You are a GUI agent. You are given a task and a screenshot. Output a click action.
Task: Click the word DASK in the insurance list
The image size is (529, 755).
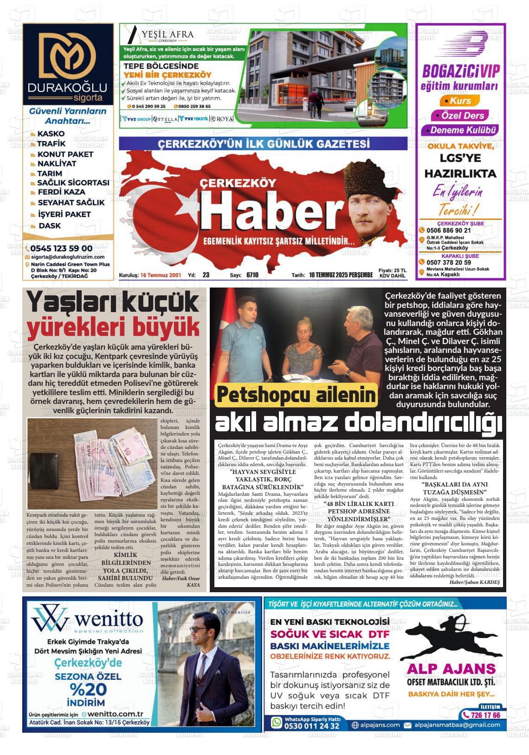tap(49, 226)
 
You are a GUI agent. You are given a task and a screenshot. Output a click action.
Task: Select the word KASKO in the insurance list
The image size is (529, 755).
tap(51, 134)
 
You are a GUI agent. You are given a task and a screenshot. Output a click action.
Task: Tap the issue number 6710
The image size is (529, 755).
tap(252, 275)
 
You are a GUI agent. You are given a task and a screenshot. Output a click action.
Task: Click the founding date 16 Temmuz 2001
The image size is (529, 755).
tap(161, 275)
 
